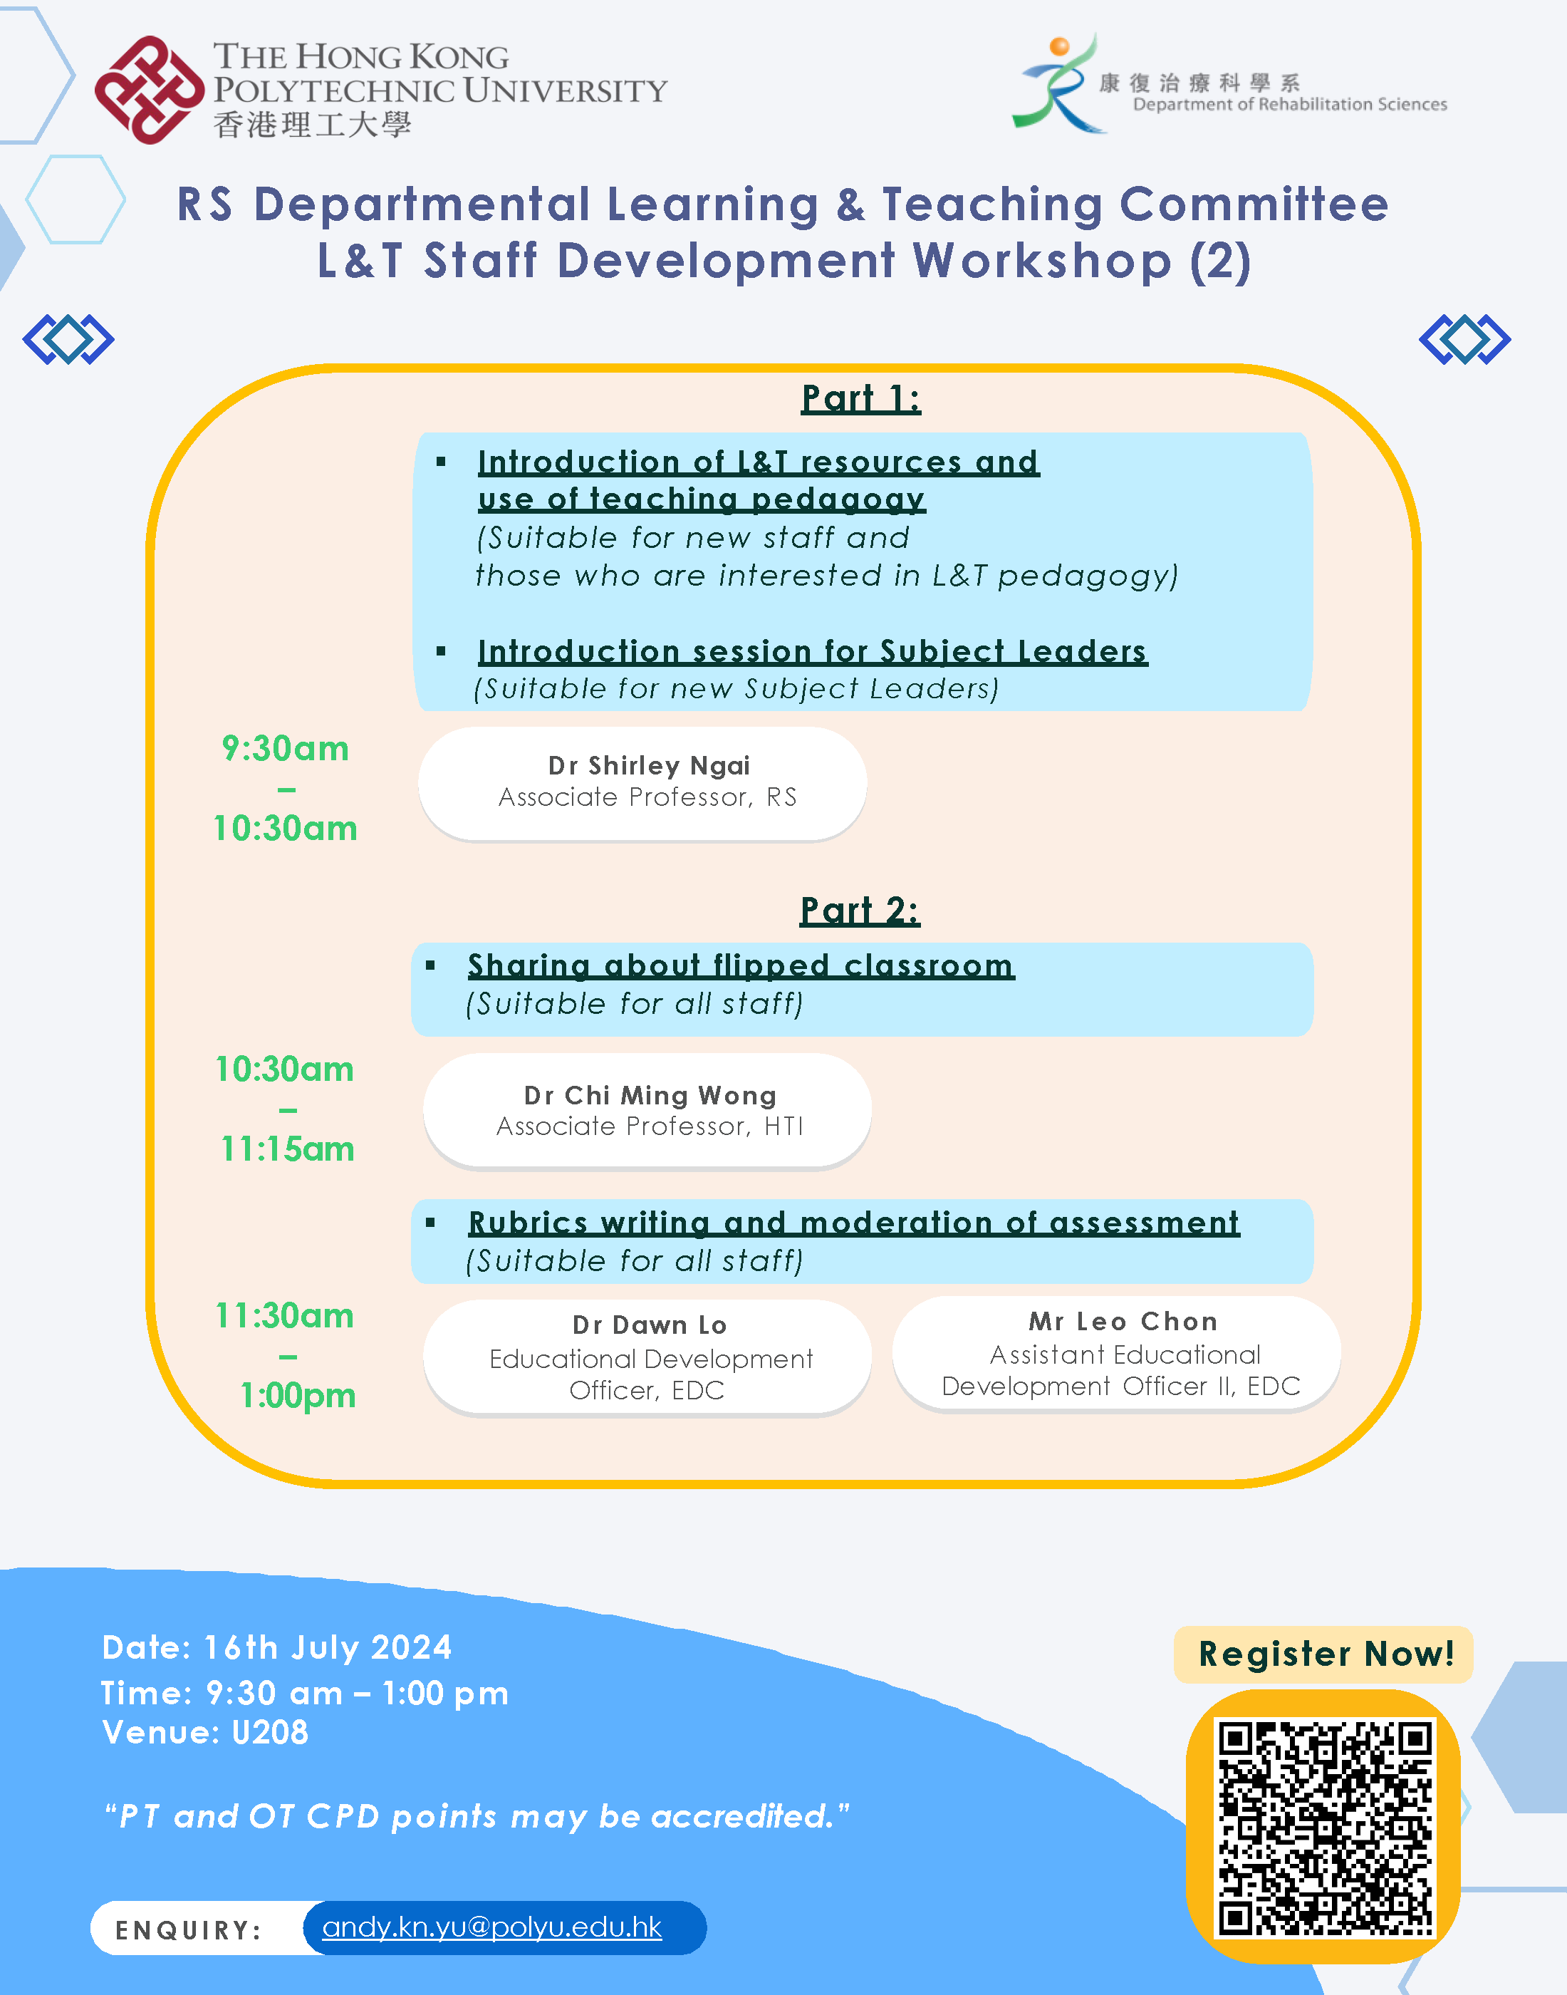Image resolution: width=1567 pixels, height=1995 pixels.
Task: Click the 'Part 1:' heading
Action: [860, 398]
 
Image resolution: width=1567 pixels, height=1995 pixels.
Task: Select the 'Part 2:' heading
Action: [860, 911]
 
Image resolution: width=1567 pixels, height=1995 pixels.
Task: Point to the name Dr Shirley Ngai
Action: [649, 765]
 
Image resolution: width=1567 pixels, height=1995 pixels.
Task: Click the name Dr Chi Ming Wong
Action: [650, 1095]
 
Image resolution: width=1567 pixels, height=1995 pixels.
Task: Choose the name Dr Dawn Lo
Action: [649, 1325]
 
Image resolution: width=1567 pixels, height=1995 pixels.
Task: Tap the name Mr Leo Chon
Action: [1123, 1322]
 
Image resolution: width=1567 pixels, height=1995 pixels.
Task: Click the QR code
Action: [1324, 1828]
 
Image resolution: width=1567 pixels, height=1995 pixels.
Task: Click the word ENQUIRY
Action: [188, 1930]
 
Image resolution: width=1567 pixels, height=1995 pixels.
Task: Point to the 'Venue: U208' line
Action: [206, 1731]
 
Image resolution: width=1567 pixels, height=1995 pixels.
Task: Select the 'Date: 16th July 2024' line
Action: [277, 1647]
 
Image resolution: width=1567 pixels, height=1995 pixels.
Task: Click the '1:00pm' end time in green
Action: [297, 1395]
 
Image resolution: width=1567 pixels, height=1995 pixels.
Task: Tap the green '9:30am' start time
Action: [286, 748]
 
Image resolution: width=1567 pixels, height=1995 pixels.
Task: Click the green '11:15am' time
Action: [287, 1148]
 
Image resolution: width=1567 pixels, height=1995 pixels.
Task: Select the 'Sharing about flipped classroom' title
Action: [741, 965]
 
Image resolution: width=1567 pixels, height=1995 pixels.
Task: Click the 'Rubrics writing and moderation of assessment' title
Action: [854, 1223]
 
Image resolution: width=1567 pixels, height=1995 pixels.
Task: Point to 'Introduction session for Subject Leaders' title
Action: [812, 651]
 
